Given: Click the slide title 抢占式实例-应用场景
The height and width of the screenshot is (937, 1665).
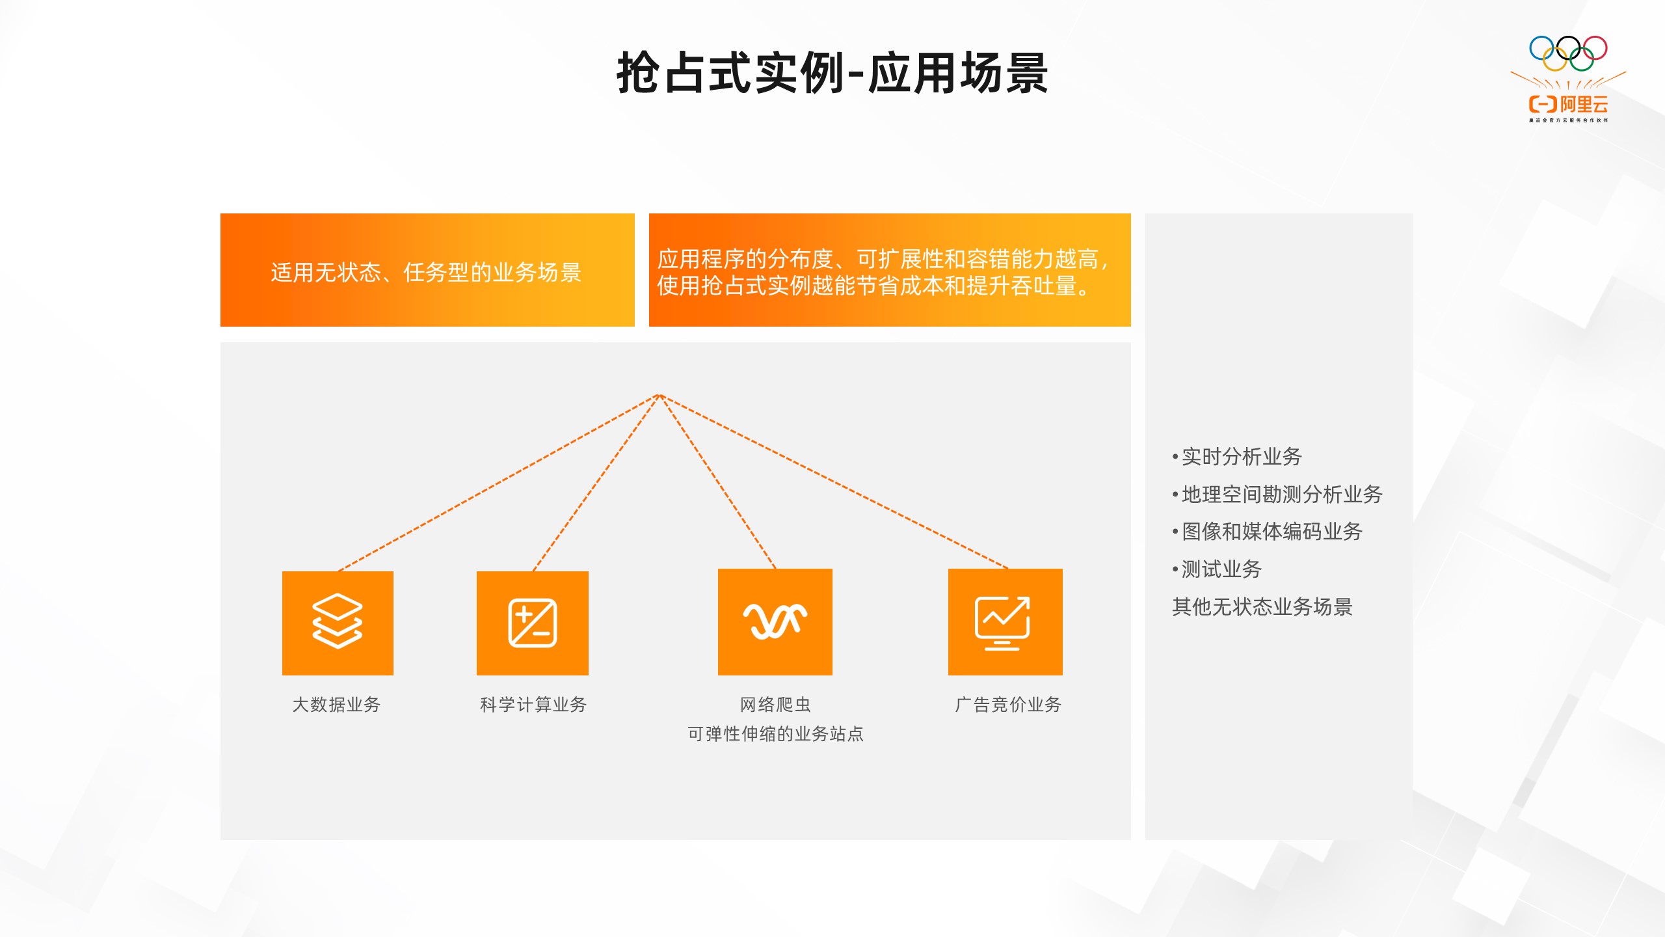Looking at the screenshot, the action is (x=832, y=73).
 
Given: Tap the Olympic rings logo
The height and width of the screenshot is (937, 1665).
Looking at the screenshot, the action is (x=1568, y=53).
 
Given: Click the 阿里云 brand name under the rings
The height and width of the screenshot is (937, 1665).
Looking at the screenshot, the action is (x=1584, y=104).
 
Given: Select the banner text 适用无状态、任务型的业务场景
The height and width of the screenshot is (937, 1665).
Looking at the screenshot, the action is (x=426, y=272).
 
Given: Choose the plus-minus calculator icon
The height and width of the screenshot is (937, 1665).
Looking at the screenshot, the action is (x=533, y=623).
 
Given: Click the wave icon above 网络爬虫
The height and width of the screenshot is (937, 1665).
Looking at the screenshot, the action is (x=775, y=621).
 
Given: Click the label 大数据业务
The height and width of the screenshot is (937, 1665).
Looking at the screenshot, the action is (x=337, y=705).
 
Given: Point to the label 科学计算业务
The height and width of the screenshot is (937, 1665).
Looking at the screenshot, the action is (x=533, y=705).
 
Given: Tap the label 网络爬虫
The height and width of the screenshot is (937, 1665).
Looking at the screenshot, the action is (x=775, y=705).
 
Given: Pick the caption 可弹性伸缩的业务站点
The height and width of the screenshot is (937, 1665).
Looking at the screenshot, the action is (x=775, y=734).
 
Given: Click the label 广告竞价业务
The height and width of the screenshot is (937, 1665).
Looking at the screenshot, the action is (x=1008, y=705).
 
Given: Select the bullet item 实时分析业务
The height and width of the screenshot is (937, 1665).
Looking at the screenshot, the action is (x=1237, y=457).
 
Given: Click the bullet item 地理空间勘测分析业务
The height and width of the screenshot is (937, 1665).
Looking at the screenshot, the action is (x=1277, y=495).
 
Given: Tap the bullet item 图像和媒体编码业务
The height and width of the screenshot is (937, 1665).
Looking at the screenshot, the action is (x=1267, y=532).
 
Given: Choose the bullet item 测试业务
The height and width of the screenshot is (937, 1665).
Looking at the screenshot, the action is (x=1217, y=569).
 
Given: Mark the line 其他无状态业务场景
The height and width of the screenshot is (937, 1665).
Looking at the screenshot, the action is (x=1262, y=607).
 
